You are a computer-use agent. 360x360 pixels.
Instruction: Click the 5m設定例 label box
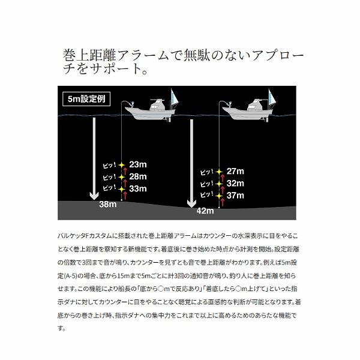[x=86, y=99]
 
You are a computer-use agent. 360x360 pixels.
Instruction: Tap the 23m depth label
[x=138, y=164]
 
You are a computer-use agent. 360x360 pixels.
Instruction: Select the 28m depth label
[x=138, y=176]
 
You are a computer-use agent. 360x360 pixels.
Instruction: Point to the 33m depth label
[x=138, y=188]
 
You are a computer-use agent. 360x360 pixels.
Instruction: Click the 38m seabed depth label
[x=108, y=204]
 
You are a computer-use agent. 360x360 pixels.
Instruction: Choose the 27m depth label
[x=235, y=171]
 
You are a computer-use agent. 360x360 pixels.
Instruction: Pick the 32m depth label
[x=235, y=184]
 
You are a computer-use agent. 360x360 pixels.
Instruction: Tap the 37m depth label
[x=235, y=196]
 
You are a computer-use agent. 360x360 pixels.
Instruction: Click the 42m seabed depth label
[x=205, y=211]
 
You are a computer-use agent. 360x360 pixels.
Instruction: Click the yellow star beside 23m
[x=121, y=165]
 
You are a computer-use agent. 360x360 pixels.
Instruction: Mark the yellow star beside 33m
[x=121, y=189]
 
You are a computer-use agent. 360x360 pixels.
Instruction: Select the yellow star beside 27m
[x=219, y=172]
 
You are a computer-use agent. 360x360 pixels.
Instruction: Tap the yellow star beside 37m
[x=219, y=196]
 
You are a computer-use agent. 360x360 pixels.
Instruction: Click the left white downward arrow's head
[x=94, y=196]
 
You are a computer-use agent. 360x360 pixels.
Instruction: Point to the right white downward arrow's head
[x=191, y=203]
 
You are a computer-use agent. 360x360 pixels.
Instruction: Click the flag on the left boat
[x=175, y=97]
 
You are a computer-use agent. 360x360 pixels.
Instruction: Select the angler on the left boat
[x=132, y=104]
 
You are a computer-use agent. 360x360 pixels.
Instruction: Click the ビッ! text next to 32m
[x=206, y=184]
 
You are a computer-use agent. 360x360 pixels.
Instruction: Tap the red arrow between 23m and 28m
[x=125, y=171]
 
